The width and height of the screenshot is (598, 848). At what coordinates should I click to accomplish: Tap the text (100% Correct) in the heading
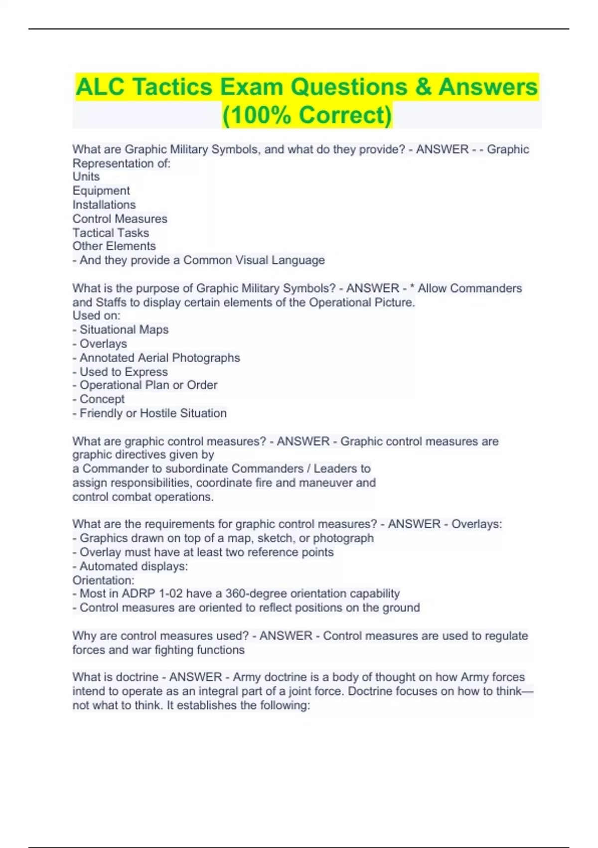[307, 115]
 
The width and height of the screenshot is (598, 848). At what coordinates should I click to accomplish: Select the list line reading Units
[86, 177]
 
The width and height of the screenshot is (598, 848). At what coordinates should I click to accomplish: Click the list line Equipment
[101, 191]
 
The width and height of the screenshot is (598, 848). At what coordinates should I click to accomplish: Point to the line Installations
[104, 205]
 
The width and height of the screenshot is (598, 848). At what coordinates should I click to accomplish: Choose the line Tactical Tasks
[111, 232]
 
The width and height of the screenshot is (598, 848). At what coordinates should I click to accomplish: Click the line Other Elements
[114, 246]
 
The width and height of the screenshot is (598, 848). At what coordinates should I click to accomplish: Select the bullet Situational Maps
[124, 330]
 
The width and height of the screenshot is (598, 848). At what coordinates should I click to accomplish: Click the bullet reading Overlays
[103, 344]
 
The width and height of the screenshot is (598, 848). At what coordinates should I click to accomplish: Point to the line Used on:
[96, 316]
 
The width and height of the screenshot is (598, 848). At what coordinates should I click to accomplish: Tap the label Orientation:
[103, 580]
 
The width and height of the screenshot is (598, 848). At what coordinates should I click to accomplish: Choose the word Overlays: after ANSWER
[476, 524]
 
